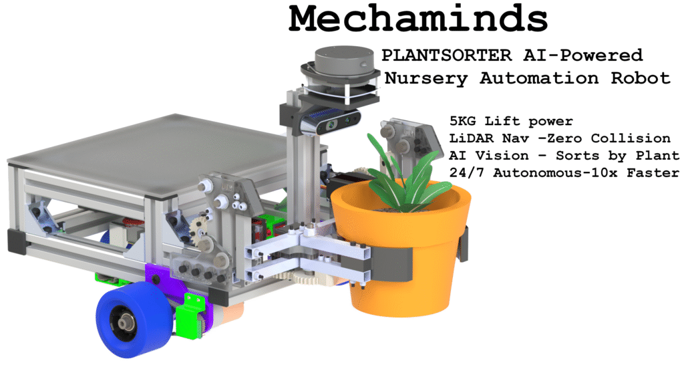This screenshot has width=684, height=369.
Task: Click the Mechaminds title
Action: click(418, 18)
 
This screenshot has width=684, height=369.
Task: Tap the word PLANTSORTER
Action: click(447, 55)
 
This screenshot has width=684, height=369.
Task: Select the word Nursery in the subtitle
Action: click(426, 79)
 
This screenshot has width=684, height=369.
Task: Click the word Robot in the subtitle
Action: click(641, 78)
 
